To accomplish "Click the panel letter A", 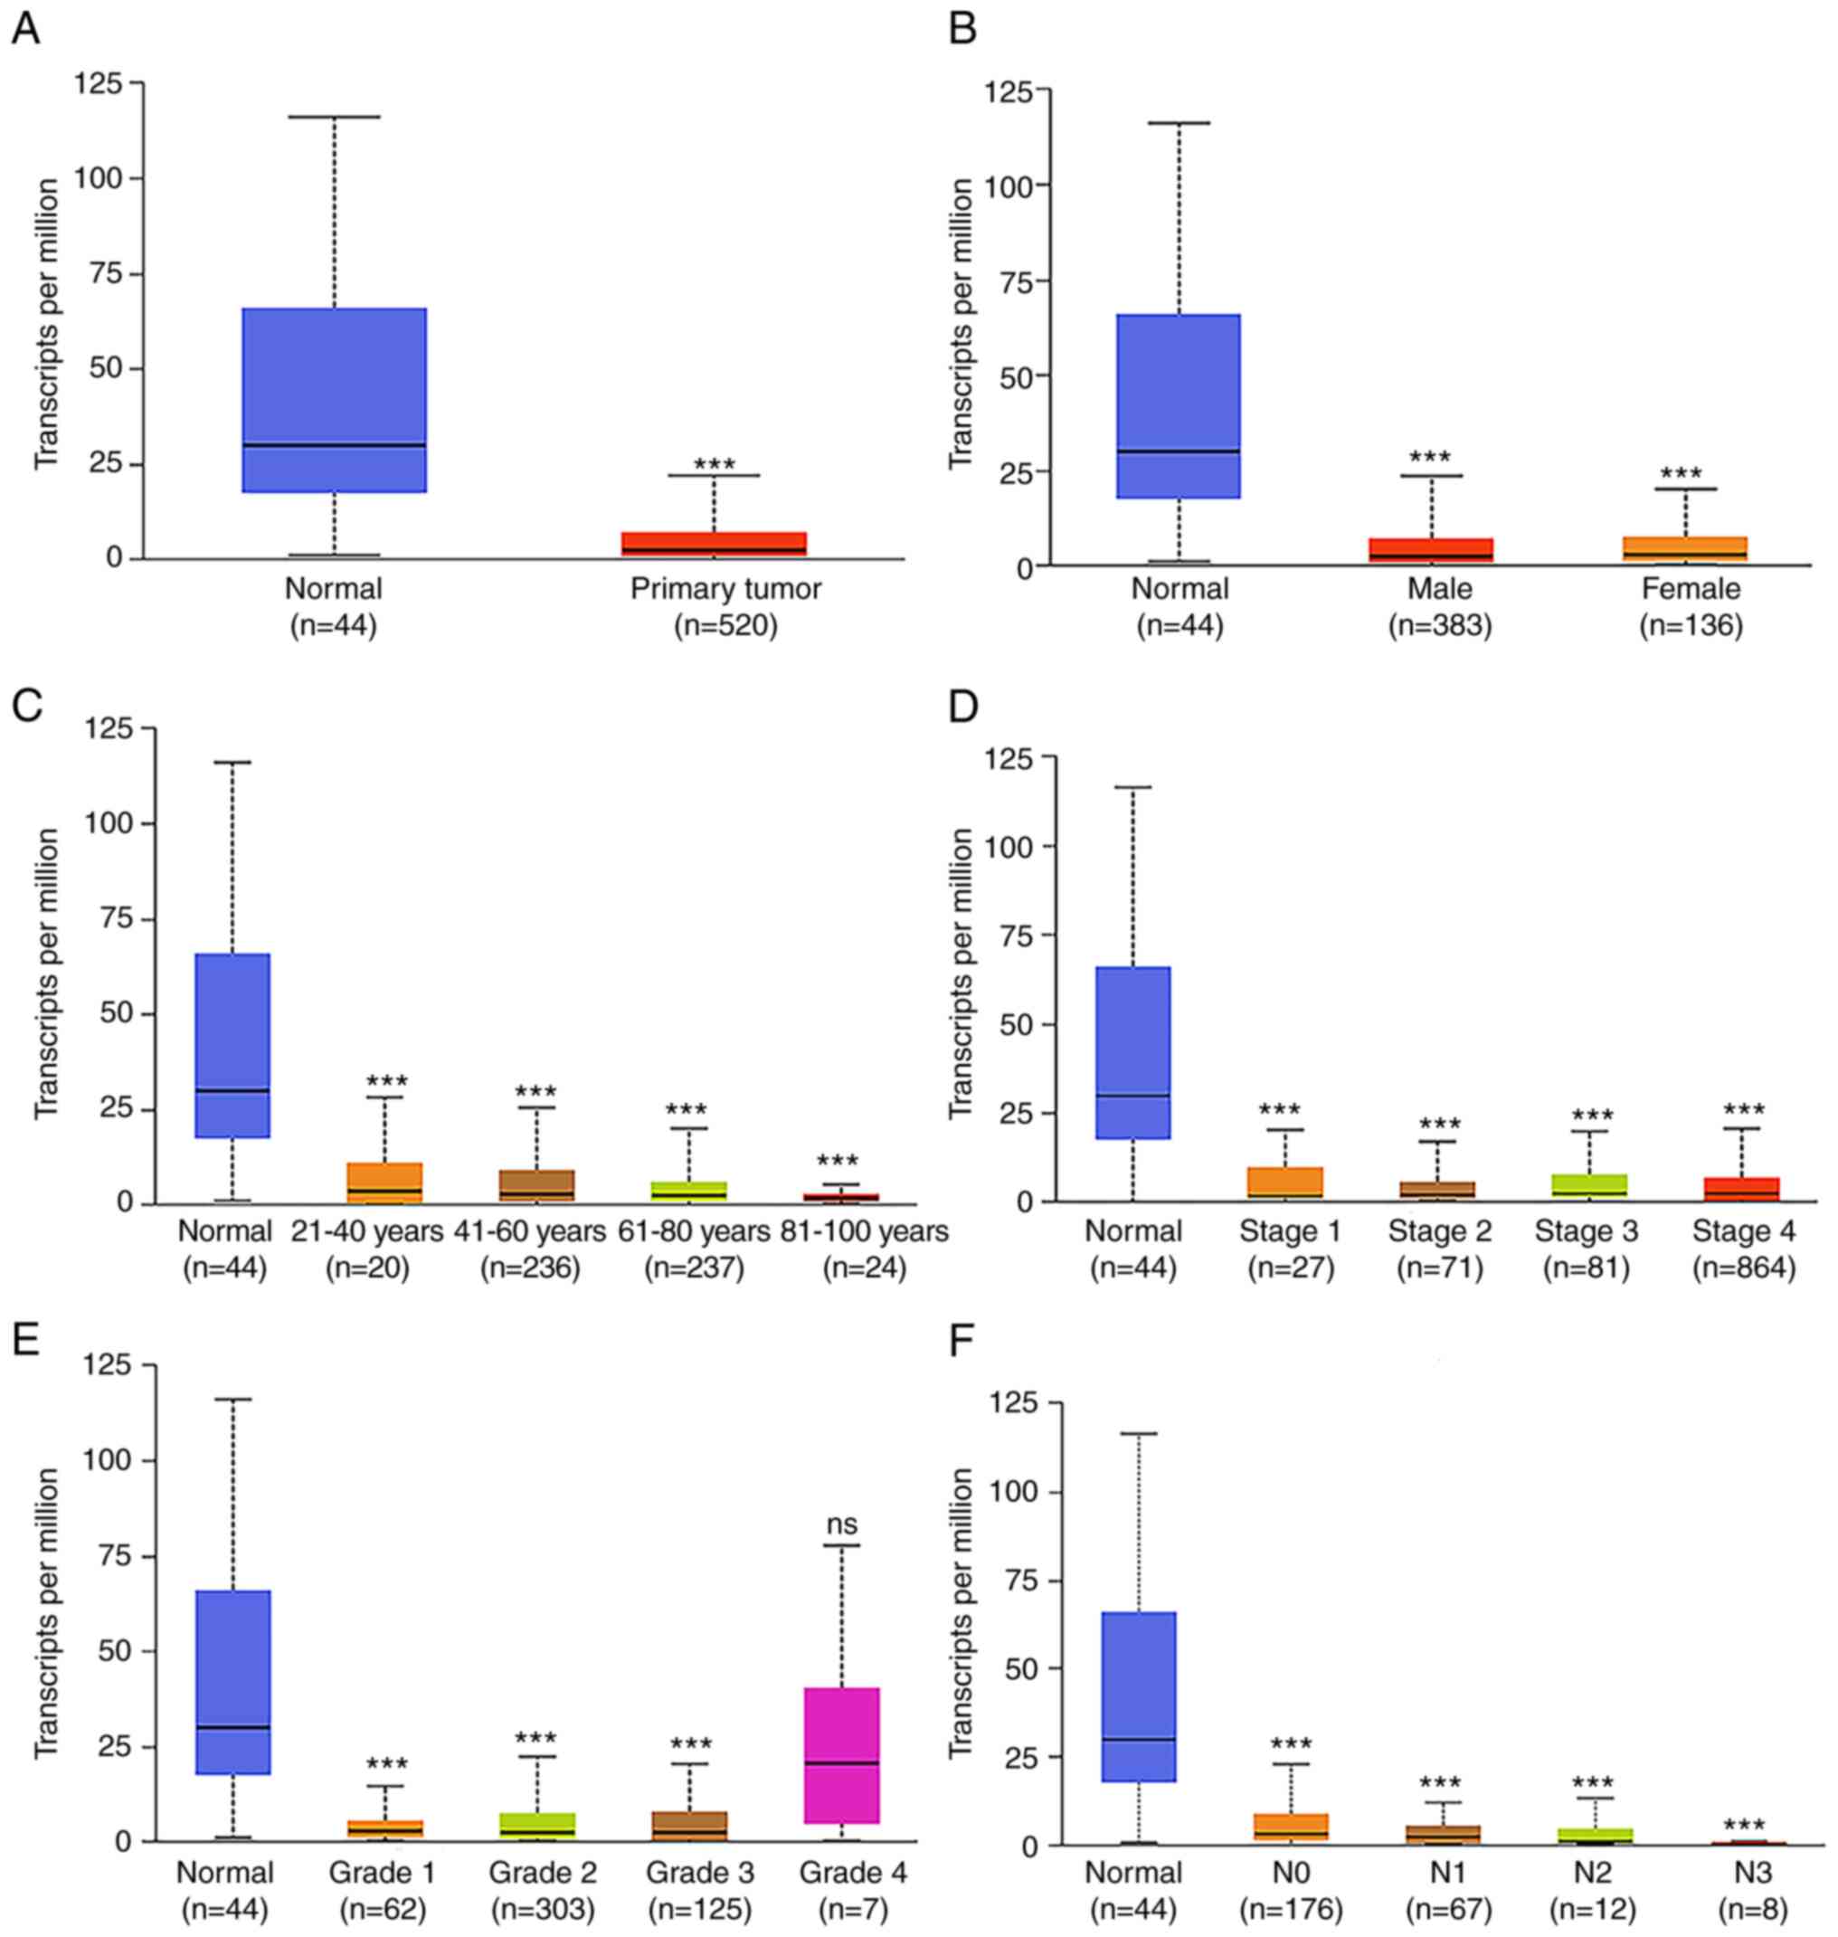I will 26,29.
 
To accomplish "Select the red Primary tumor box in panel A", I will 714,544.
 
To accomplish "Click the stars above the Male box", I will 1429,459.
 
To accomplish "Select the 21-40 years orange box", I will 384,1182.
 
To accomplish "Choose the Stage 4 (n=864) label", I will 1744,1249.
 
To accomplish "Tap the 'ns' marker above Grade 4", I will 841,1524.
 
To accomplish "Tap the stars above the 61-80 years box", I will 686,1111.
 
